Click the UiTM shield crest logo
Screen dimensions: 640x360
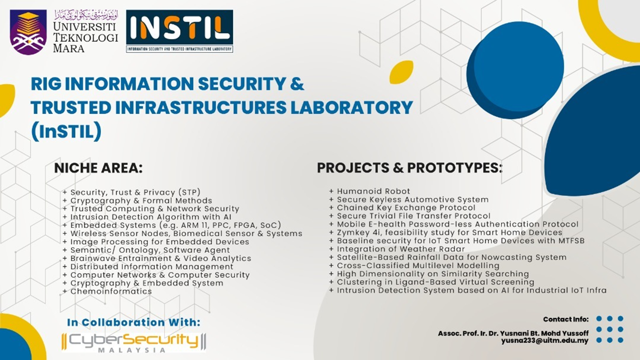point(28,32)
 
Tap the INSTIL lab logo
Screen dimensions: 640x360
point(179,31)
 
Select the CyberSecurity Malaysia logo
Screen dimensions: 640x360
point(133,342)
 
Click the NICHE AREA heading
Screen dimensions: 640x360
point(98,168)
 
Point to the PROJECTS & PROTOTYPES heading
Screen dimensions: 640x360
point(409,168)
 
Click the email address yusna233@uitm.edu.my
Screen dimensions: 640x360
point(544,340)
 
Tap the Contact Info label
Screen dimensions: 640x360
point(565,319)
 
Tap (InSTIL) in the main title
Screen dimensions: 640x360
point(66,131)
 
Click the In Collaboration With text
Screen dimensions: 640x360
point(133,322)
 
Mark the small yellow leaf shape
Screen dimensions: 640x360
point(401,72)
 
